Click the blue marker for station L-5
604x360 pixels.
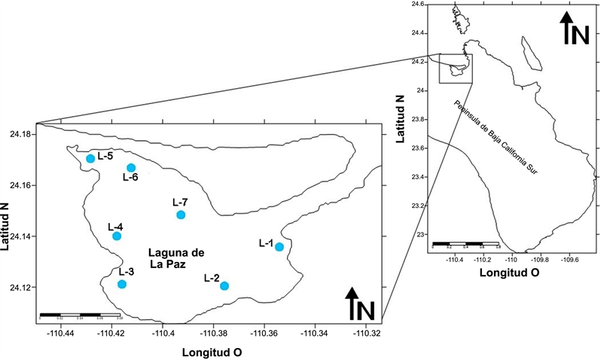[x=90, y=158]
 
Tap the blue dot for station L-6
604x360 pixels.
[x=131, y=168]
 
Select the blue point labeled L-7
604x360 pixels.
[x=181, y=215]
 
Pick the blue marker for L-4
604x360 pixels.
[x=117, y=236]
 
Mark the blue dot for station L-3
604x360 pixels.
[x=122, y=284]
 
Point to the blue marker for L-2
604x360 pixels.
[x=224, y=285]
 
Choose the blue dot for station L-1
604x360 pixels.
[x=279, y=247]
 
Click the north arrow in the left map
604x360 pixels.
[x=362, y=304]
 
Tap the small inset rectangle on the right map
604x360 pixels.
[x=456, y=68]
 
